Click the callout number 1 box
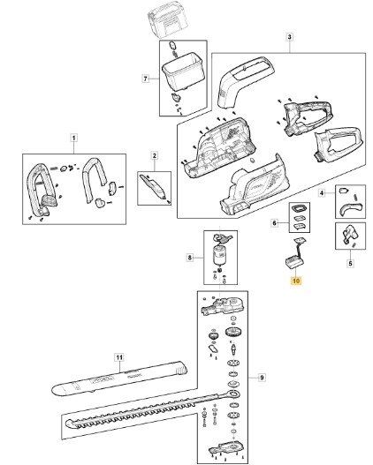73,138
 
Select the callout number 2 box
154,155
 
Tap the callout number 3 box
289,37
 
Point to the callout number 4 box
322,193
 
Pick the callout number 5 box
350,263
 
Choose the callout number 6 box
274,222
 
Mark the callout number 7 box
145,79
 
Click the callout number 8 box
190,258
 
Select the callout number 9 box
262,378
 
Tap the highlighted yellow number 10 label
296,281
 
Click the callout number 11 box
119,357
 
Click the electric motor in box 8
220,256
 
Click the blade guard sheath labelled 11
120,378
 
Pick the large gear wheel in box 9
232,331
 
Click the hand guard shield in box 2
154,187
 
